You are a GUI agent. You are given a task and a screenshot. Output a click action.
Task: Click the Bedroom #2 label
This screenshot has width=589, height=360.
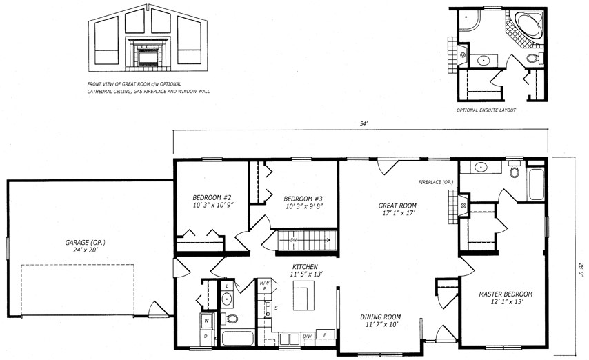tap(212, 197)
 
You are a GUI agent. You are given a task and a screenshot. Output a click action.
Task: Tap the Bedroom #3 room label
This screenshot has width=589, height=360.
tap(303, 199)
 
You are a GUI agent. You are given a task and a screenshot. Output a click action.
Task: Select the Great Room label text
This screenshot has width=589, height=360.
tap(397, 206)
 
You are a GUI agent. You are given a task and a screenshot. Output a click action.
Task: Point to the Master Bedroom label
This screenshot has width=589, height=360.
tap(506, 294)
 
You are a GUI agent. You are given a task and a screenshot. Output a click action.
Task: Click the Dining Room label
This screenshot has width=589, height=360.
tap(381, 317)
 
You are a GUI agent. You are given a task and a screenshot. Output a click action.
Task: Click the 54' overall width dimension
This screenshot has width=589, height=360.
tap(363, 123)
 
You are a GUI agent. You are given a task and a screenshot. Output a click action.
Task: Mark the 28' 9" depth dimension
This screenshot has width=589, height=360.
tap(581, 269)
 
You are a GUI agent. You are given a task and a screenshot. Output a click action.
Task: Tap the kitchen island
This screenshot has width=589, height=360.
tap(303, 296)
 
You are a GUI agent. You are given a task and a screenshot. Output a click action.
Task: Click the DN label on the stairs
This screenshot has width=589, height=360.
tap(293, 240)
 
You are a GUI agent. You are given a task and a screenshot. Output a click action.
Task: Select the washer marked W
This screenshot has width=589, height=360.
tap(207, 321)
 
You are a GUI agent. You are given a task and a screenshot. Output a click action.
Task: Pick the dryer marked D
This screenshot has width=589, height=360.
tap(206, 337)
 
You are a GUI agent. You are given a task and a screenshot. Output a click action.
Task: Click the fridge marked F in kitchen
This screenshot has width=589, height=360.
tap(326, 334)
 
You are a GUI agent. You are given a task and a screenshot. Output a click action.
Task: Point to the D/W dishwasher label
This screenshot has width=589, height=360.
tap(308, 337)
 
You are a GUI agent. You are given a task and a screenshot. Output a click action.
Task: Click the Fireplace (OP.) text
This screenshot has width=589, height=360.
tap(436, 182)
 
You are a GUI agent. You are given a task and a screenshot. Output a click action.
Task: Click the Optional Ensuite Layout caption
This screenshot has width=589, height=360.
tap(486, 110)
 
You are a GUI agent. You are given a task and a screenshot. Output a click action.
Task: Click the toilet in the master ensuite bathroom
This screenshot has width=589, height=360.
tap(514, 170)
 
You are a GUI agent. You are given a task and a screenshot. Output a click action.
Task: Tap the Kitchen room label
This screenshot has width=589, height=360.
tap(305, 267)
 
